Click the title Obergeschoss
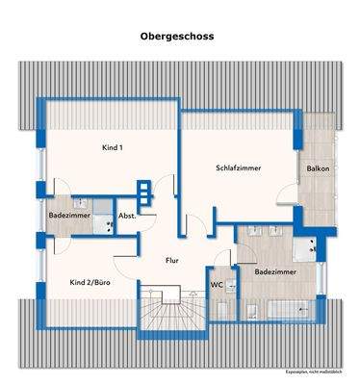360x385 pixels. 178,38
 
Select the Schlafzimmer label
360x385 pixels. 240,167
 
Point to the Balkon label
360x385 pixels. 319,167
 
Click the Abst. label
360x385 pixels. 127,217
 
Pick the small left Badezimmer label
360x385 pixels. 69,217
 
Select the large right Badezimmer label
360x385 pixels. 274,272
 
